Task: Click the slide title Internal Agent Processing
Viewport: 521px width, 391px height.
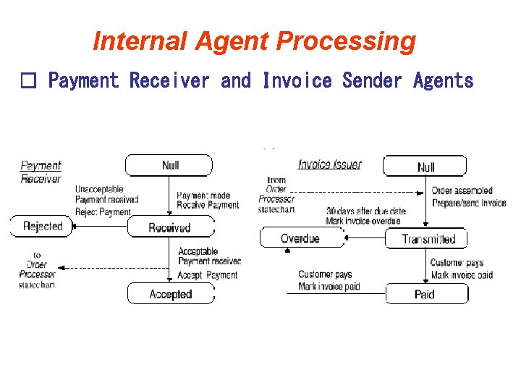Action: tap(254, 41)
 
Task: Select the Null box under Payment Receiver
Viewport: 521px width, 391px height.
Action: tap(169, 165)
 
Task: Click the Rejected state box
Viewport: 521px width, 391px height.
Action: tap(42, 226)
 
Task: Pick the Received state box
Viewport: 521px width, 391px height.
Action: tap(170, 227)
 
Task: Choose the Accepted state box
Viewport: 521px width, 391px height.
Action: tap(171, 294)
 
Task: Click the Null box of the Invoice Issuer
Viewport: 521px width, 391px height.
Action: tap(425, 167)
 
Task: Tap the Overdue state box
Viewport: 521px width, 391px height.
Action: tap(300, 238)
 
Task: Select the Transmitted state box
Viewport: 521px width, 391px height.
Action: tap(428, 239)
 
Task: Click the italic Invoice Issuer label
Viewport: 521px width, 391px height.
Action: tap(329, 164)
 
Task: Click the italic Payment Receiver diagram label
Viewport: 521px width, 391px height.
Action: tap(41, 172)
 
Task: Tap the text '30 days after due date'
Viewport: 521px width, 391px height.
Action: tap(365, 211)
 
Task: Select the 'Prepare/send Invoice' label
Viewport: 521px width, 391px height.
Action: tap(469, 203)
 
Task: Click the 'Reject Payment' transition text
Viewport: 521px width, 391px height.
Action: tap(103, 212)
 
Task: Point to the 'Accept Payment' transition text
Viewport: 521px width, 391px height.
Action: tap(208, 275)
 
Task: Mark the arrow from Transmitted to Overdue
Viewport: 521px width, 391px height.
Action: tap(362, 237)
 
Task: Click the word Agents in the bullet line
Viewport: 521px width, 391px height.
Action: tap(443, 81)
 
